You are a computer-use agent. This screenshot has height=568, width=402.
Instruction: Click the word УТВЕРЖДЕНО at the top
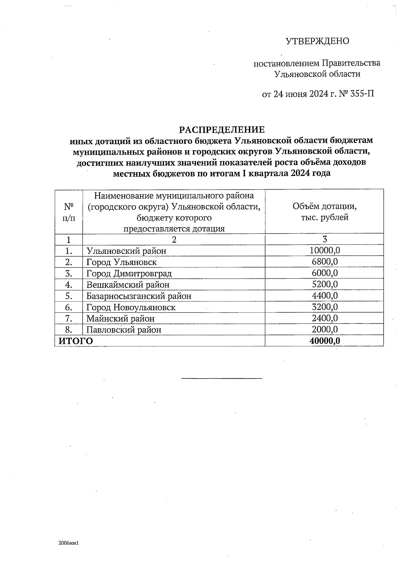pyautogui.click(x=317, y=41)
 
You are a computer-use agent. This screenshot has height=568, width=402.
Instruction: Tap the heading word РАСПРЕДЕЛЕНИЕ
pyautogui.click(x=221, y=129)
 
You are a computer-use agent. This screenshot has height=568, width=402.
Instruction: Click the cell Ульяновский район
pyautogui.click(x=126, y=251)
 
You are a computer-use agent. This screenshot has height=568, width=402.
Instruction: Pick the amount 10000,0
pyautogui.click(x=325, y=250)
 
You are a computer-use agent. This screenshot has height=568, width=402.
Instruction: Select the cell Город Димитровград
pyautogui.click(x=129, y=274)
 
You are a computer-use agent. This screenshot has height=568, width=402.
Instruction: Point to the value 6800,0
pyautogui.click(x=325, y=262)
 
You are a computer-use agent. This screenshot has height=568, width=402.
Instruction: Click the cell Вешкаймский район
pyautogui.click(x=128, y=285)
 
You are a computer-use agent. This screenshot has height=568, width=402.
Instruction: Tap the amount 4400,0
pyautogui.click(x=325, y=296)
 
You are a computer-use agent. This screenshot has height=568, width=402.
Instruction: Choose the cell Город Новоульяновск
pyautogui.click(x=131, y=307)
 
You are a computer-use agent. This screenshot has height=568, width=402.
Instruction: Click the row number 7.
pyautogui.click(x=69, y=318)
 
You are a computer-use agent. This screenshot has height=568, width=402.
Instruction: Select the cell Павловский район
pyautogui.click(x=124, y=330)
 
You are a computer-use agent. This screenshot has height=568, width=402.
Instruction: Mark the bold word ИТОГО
pyautogui.click(x=76, y=341)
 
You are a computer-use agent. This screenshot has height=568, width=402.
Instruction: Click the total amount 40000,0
pyautogui.click(x=325, y=341)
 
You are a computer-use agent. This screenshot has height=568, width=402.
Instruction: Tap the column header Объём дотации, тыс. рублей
pyautogui.click(x=324, y=212)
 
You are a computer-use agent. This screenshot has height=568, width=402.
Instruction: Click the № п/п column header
pyautogui.click(x=69, y=212)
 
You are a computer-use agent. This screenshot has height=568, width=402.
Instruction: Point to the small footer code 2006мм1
pyautogui.click(x=68, y=543)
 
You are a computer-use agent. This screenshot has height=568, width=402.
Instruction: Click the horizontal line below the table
pyautogui.click(x=221, y=378)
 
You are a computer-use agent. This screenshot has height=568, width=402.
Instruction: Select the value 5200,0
pyautogui.click(x=325, y=284)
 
